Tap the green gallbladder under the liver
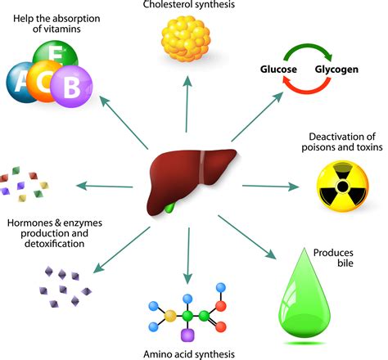click(x=170, y=205)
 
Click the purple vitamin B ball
click(x=74, y=84)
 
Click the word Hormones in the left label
click(x=29, y=223)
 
